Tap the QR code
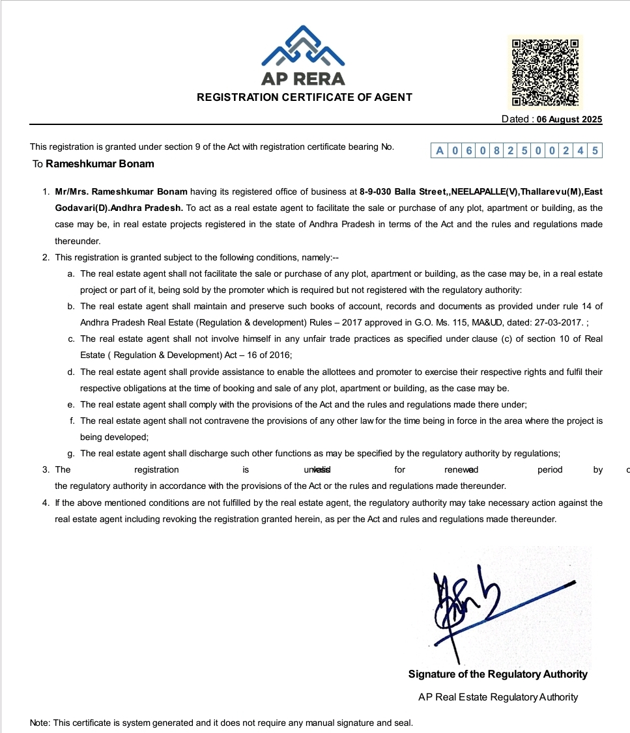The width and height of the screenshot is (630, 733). point(545,72)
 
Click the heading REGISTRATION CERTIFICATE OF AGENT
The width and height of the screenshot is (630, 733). point(304,98)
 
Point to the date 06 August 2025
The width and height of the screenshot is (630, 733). point(569,120)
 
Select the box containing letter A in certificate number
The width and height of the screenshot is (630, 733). point(440,151)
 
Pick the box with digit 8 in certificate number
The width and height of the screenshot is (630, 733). point(496,151)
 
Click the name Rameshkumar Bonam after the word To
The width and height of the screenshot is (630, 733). point(100,164)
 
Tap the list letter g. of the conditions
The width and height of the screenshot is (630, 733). point(71,454)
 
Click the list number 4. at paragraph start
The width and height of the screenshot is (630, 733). point(46,503)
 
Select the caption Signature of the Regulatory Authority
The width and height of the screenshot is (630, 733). point(498,674)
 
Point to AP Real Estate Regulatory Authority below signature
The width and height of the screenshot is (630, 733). point(498,697)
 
